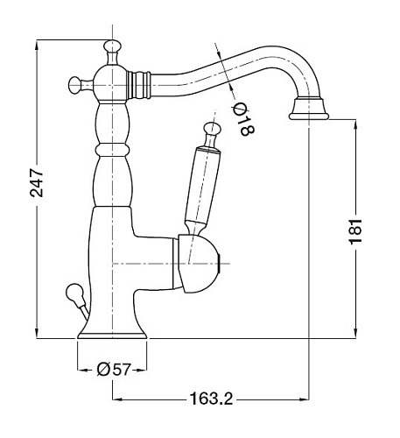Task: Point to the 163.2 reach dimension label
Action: click(210, 399)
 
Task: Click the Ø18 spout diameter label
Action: click(242, 119)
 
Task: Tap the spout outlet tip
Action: click(311, 110)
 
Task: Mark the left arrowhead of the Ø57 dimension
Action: click(81, 370)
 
